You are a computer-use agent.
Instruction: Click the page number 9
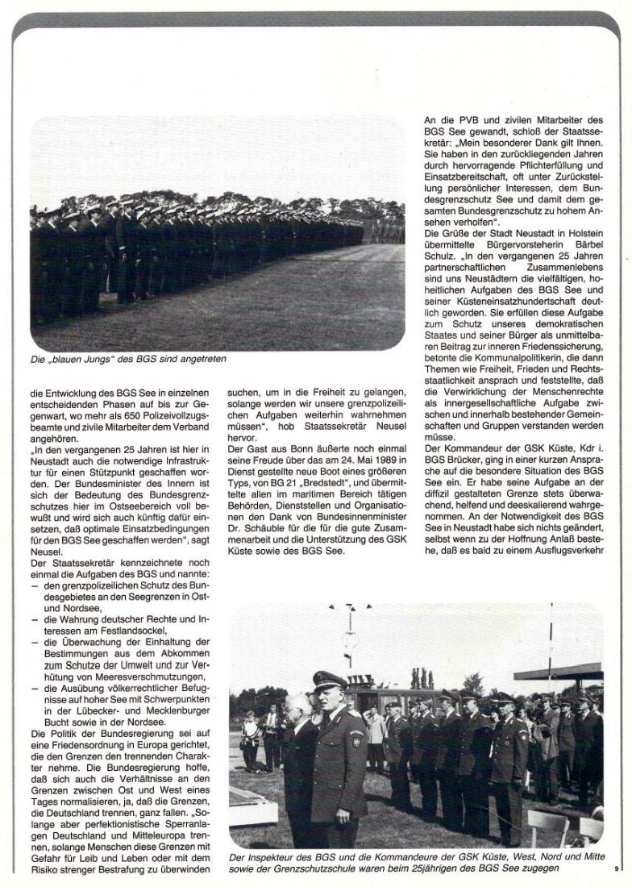615,868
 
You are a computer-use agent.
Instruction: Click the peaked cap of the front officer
329,681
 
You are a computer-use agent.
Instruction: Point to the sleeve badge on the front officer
356,739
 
